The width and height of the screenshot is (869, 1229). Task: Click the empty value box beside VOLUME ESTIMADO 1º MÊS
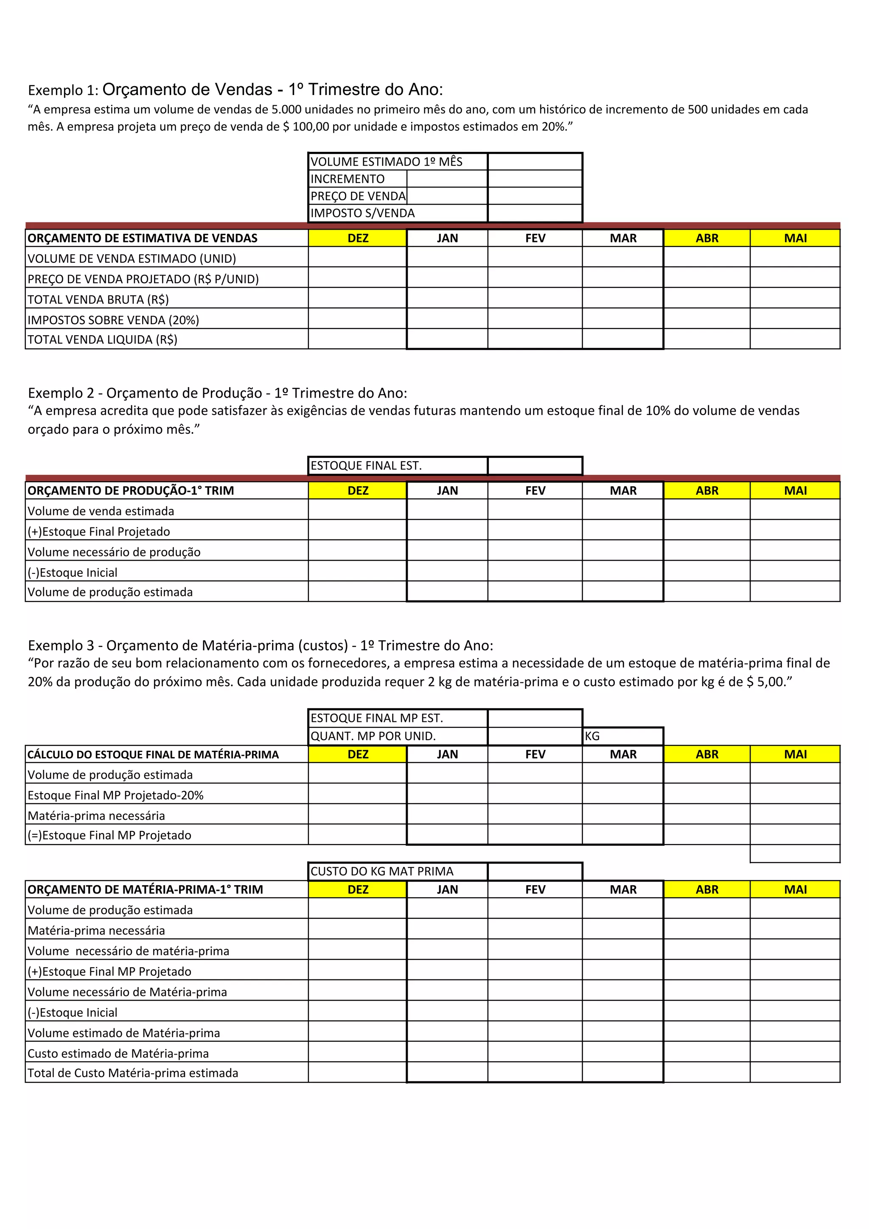[x=535, y=162]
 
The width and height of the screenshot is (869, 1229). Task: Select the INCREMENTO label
[x=348, y=179]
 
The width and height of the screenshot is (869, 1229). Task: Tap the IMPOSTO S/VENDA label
[x=363, y=213]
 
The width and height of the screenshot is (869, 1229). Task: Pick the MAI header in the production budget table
[x=795, y=491]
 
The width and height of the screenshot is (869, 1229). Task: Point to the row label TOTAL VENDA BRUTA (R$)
[x=98, y=299]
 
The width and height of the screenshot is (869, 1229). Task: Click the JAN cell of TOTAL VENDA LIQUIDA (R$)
[x=447, y=340]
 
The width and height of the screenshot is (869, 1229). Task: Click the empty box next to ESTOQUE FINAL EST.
[x=535, y=466]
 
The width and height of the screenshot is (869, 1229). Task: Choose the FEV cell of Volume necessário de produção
[x=535, y=551]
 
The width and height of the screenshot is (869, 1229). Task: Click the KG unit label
[x=592, y=736]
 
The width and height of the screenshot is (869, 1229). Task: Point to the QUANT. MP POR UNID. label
[x=373, y=736]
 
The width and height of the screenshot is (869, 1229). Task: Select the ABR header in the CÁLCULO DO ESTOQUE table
[x=707, y=754]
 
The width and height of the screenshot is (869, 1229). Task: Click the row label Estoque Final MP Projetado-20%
[x=115, y=795]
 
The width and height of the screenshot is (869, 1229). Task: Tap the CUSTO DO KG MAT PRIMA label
[x=381, y=871]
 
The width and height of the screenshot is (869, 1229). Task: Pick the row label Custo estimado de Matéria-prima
[x=118, y=1053]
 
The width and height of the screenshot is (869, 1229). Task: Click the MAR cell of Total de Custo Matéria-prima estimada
[x=622, y=1073]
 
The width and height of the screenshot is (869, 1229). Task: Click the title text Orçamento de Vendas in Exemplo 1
[x=187, y=90]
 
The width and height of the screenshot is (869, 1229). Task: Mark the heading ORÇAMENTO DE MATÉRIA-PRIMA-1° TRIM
[x=145, y=889]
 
